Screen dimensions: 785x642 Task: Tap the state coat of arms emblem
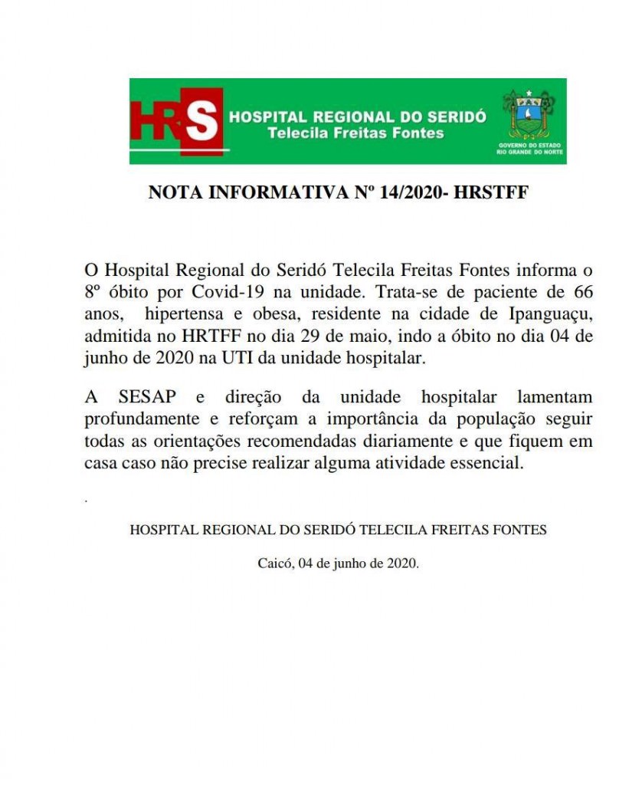click(x=528, y=114)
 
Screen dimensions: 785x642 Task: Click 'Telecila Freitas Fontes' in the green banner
click(x=355, y=133)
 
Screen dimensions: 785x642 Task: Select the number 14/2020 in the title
click(x=410, y=193)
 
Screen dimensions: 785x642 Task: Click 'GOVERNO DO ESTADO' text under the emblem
click(x=529, y=145)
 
